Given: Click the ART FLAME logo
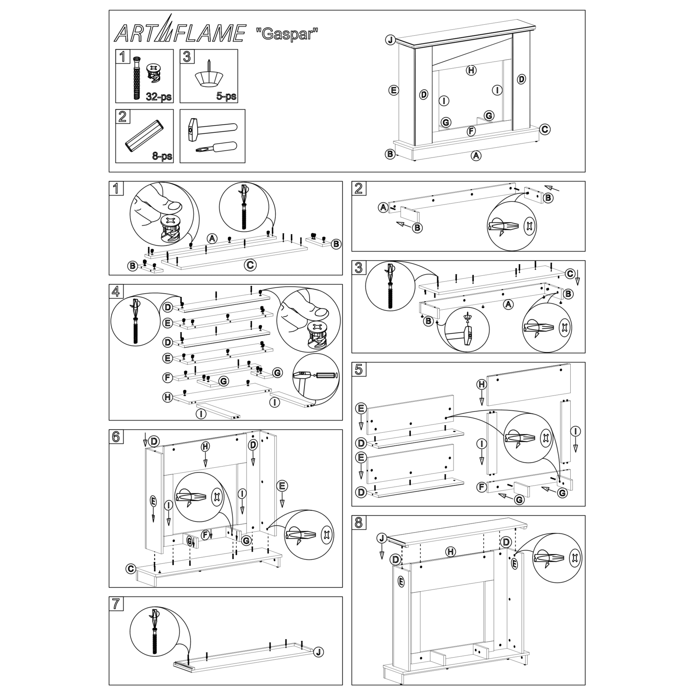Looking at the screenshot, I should click(179, 33).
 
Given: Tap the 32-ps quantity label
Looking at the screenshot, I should click(158, 96).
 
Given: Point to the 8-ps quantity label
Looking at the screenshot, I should click(162, 156).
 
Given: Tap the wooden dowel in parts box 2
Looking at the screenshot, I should click(144, 136).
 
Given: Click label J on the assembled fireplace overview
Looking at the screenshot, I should click(390, 40).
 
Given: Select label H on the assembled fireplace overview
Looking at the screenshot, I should click(471, 70).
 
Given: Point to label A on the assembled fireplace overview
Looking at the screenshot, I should click(476, 155).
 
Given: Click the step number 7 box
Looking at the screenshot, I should click(116, 604).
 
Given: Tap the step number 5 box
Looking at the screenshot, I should click(358, 369).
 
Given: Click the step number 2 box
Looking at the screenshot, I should click(358, 188).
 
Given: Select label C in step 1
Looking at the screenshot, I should click(250, 265).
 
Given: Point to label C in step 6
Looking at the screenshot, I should click(130, 569).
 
